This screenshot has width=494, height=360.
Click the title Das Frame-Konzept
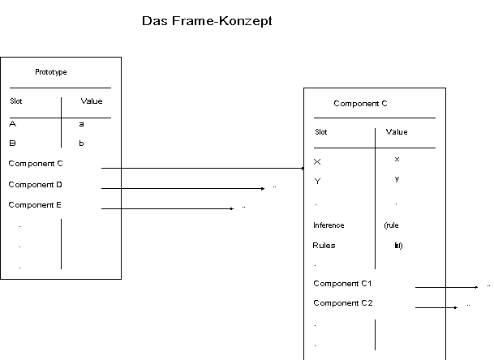[x=207, y=21]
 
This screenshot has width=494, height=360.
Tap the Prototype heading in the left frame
[x=51, y=72]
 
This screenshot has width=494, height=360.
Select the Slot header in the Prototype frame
[x=17, y=101]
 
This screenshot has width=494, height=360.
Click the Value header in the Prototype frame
[x=92, y=101]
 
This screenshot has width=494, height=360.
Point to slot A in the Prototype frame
[x=13, y=124]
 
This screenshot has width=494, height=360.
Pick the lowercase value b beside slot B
[x=81, y=144]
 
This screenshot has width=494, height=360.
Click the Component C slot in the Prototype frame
[x=36, y=164]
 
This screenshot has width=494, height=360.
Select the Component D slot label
[x=36, y=185]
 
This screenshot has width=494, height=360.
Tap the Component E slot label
[x=36, y=205]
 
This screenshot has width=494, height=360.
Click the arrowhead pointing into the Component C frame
[x=299, y=168]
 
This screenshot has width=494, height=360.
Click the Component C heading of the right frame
[x=361, y=104]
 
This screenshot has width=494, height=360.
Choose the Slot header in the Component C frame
[x=321, y=132]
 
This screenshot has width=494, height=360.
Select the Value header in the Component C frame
[x=397, y=131]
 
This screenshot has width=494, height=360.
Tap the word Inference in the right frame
[x=329, y=225]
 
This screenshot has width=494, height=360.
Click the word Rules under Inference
[x=324, y=245]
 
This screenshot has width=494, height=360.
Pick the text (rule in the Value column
[x=391, y=225]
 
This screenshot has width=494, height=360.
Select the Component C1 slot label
[x=342, y=283]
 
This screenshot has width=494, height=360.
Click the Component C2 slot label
[x=342, y=303]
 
